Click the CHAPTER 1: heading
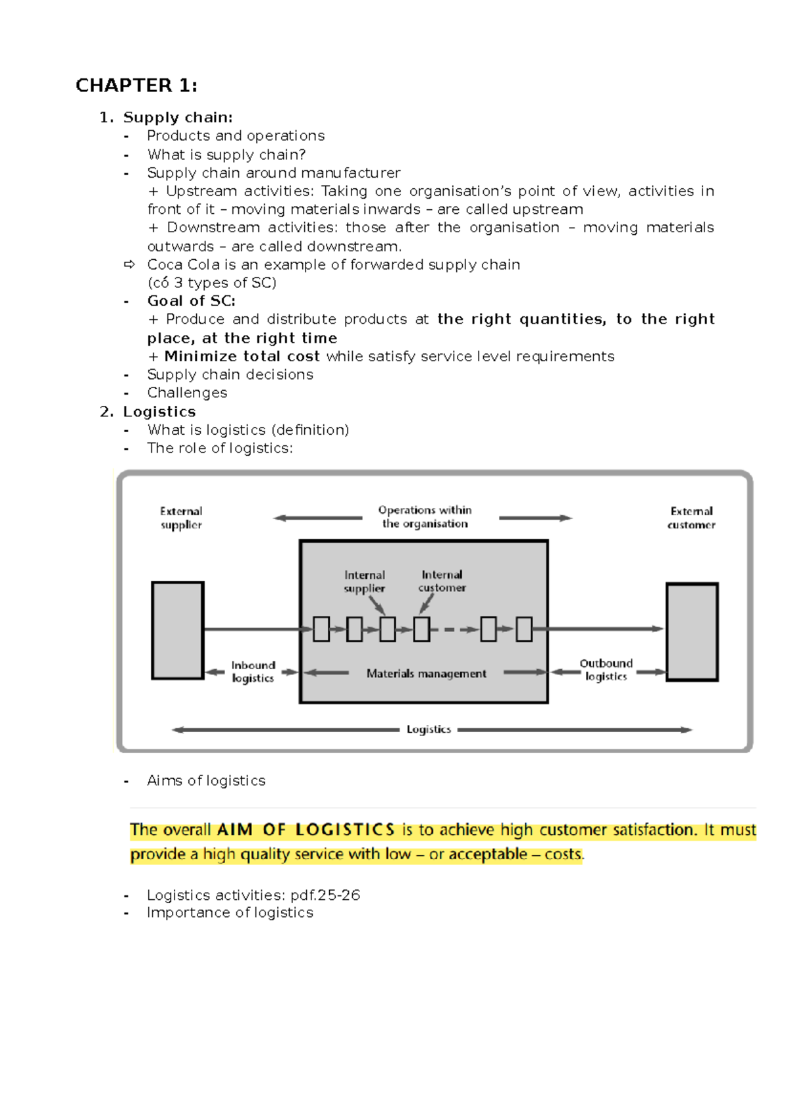tap(136, 86)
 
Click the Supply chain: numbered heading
tap(178, 117)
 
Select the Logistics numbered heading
tap(159, 412)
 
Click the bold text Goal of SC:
tap(191, 301)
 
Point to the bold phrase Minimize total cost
tap(242, 357)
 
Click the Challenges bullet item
tap(187, 393)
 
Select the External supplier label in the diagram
tap(181, 518)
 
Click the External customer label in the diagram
tap(691, 518)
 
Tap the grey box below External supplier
tap(178, 630)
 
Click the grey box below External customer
tap(692, 632)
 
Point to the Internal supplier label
tap(365, 582)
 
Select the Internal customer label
tap(442, 581)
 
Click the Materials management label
tap(426, 674)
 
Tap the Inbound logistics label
tap(253, 672)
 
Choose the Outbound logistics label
tap(606, 670)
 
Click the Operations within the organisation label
tap(425, 517)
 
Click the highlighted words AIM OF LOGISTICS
tap(305, 830)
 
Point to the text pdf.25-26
tap(325, 895)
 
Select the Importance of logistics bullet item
tap(230, 912)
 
